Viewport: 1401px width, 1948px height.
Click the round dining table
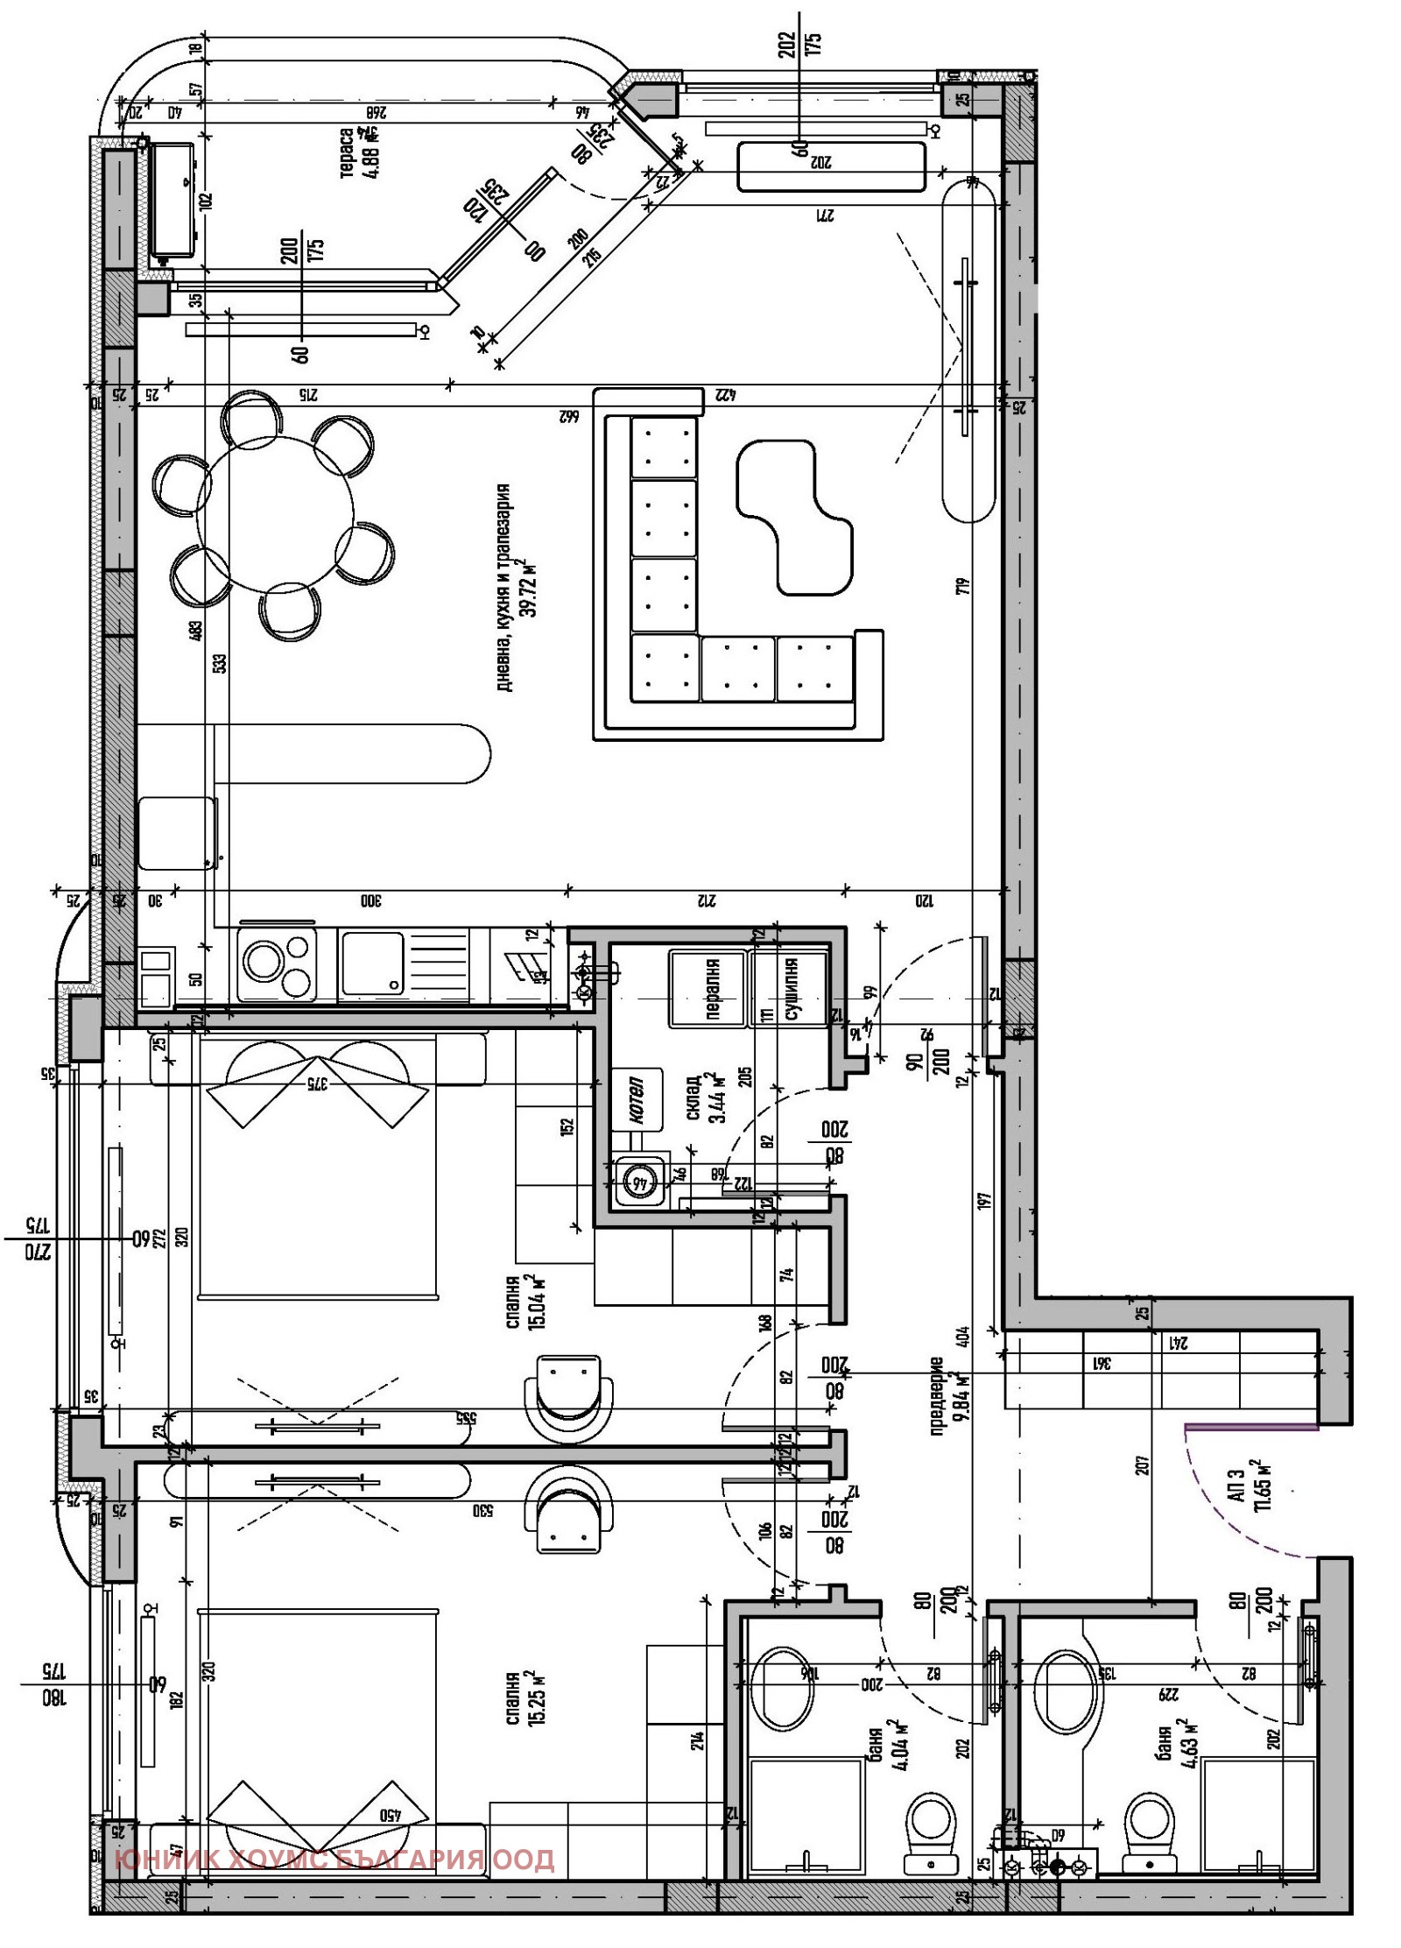point(275,516)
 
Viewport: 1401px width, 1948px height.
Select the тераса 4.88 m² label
point(359,153)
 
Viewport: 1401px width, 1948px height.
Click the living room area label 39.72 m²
point(517,587)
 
